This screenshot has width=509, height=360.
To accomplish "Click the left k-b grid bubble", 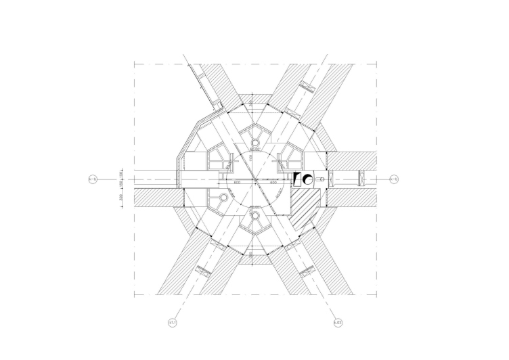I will pyautogui.click(x=93, y=179).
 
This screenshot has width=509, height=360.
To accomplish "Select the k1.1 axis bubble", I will pyautogui.click(x=173, y=323).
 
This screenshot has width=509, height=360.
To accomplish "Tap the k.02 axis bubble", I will pyautogui.click(x=337, y=323).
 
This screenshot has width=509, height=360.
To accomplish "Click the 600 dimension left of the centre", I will pyautogui.click(x=238, y=182).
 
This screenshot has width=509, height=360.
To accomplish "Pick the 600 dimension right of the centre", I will pyautogui.click(x=274, y=182).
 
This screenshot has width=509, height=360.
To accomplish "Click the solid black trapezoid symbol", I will pyautogui.click(x=296, y=179).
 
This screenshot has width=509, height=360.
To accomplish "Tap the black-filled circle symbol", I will pyautogui.click(x=307, y=179).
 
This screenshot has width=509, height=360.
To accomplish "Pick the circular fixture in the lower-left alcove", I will pyautogui.click(x=222, y=198).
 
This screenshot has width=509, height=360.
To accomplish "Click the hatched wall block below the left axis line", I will pyautogui.click(x=157, y=198).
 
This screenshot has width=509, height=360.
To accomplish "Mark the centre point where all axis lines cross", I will pyautogui.click(x=255, y=179).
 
